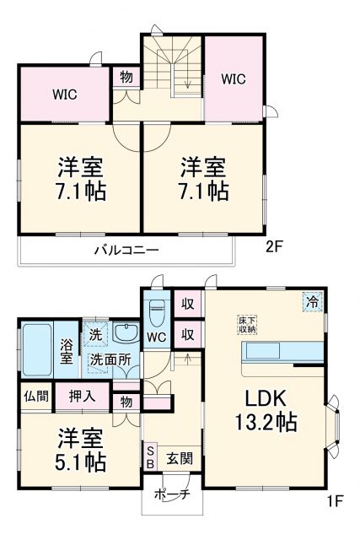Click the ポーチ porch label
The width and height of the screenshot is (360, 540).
[174, 495]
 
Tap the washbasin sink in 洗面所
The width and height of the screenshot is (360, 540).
[126, 332]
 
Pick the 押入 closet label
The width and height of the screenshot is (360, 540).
[83, 396]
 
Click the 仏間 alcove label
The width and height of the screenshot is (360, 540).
[35, 396]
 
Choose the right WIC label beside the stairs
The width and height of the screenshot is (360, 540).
[234, 79]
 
